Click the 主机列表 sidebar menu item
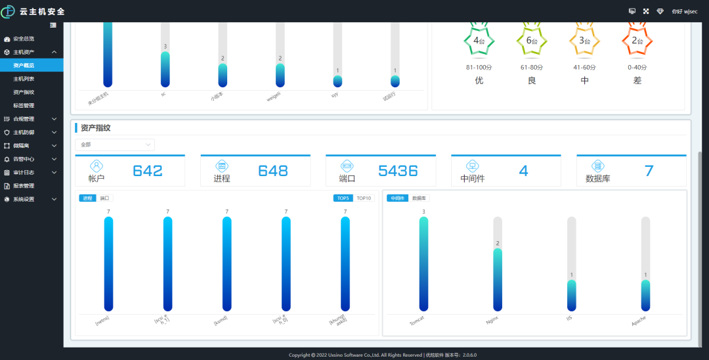tap(24, 79)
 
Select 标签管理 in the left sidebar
tap(24, 105)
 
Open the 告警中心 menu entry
tap(24, 159)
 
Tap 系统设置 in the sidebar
tap(24, 199)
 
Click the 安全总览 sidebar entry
tap(24, 39)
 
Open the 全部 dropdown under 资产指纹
tap(115, 145)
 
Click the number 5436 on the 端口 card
tap(398, 171)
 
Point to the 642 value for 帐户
tap(148, 171)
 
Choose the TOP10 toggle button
tap(364, 198)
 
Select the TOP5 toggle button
tap(343, 198)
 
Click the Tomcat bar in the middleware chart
tap(424, 263)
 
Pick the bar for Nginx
tap(498, 279)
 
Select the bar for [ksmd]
tap(227, 263)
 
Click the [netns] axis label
tap(102, 320)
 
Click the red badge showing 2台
tap(637, 41)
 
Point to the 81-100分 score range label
tap(479, 68)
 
